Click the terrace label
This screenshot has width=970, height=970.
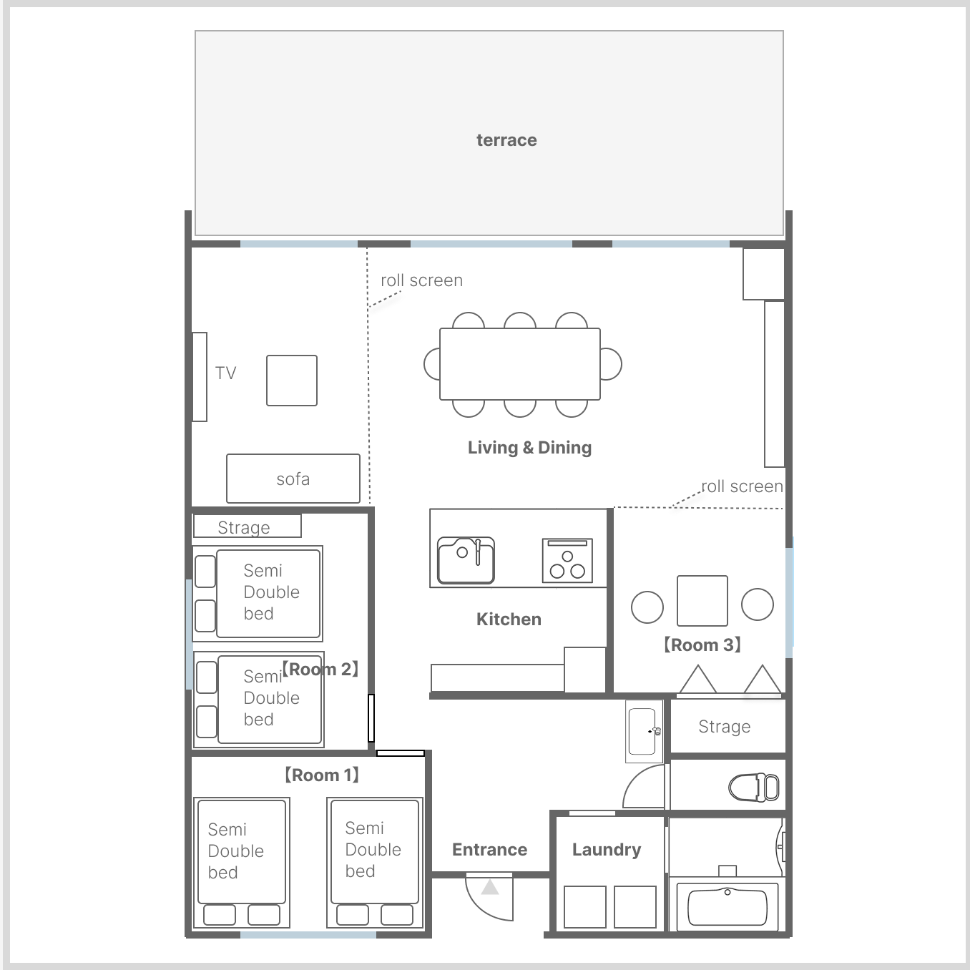[506, 140]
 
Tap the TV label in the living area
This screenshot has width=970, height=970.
[225, 373]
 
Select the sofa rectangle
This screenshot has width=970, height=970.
[293, 479]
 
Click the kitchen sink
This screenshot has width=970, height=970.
[466, 560]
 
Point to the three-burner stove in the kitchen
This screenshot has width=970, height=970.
[567, 560]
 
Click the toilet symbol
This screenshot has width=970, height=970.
[753, 788]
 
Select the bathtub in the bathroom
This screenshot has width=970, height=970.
[727, 907]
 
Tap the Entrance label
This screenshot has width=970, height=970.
[489, 850]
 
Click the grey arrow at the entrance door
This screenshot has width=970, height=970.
[490, 887]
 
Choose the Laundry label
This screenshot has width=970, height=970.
[607, 850]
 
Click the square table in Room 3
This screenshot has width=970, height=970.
[702, 601]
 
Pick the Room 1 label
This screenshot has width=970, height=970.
[321, 775]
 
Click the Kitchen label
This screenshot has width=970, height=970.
[509, 619]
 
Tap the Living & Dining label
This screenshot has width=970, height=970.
[529, 448]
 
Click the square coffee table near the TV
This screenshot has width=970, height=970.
[292, 381]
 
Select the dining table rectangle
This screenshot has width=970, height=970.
[520, 364]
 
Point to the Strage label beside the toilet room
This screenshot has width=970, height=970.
[725, 727]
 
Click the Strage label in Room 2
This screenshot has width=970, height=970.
[244, 527]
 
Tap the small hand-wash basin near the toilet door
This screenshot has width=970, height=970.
[644, 731]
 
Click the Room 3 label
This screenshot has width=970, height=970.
[702, 645]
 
